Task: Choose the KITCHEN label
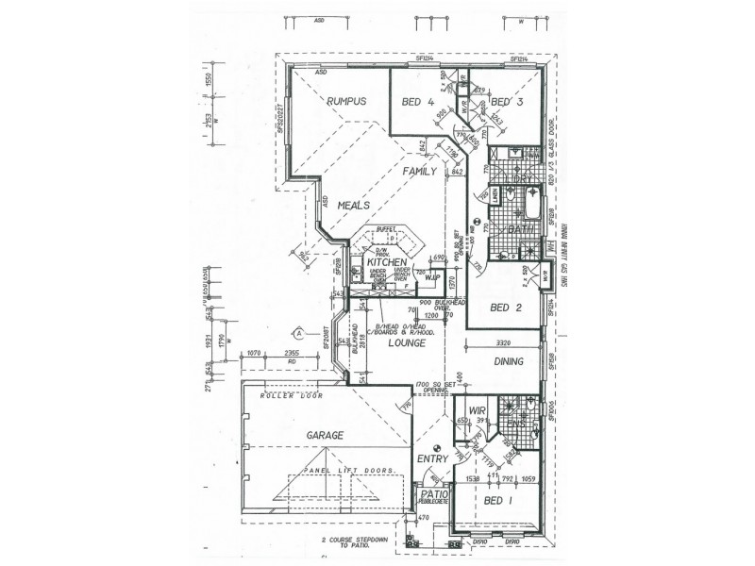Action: point(386,261)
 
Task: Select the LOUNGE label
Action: point(407,344)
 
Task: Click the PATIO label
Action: point(434,494)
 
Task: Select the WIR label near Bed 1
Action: point(477,411)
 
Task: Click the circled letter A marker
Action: point(297,334)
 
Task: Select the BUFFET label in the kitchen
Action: point(384,229)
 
